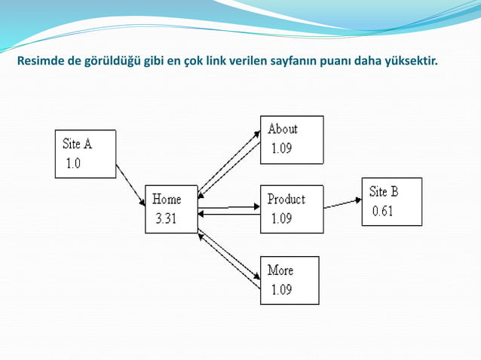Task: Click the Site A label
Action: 78,142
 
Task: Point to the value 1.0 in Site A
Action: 72,163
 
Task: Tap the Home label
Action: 167,200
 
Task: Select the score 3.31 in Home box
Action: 167,219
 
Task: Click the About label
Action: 283,129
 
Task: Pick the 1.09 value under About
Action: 281,148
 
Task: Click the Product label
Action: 286,200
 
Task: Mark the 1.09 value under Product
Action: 281,219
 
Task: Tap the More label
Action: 280,270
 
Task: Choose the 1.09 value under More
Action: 281,290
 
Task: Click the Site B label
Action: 384,191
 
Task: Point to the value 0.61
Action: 382,212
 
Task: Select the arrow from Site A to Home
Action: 130,185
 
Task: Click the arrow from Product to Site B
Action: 342,202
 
